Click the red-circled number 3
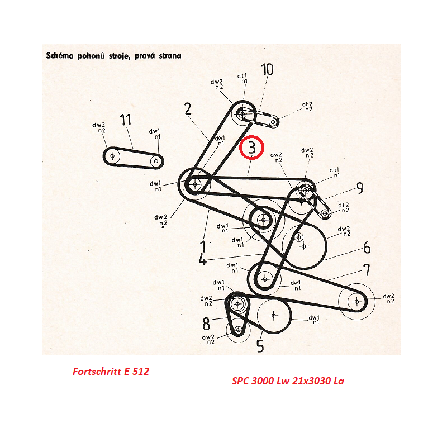252,148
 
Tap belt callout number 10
267,69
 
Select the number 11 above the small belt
125,120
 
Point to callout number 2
188,109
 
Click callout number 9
360,188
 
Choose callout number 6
367,248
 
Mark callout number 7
367,270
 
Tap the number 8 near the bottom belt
206,324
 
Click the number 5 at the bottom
260,346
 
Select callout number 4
202,259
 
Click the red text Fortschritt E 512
111,371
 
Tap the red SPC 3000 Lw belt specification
288,381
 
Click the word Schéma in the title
60,55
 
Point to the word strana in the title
170,55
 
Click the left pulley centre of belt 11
112,156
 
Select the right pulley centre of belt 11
156,161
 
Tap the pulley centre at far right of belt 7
357,301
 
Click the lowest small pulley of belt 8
239,330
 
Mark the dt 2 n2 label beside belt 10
307,107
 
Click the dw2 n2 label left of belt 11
99,127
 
